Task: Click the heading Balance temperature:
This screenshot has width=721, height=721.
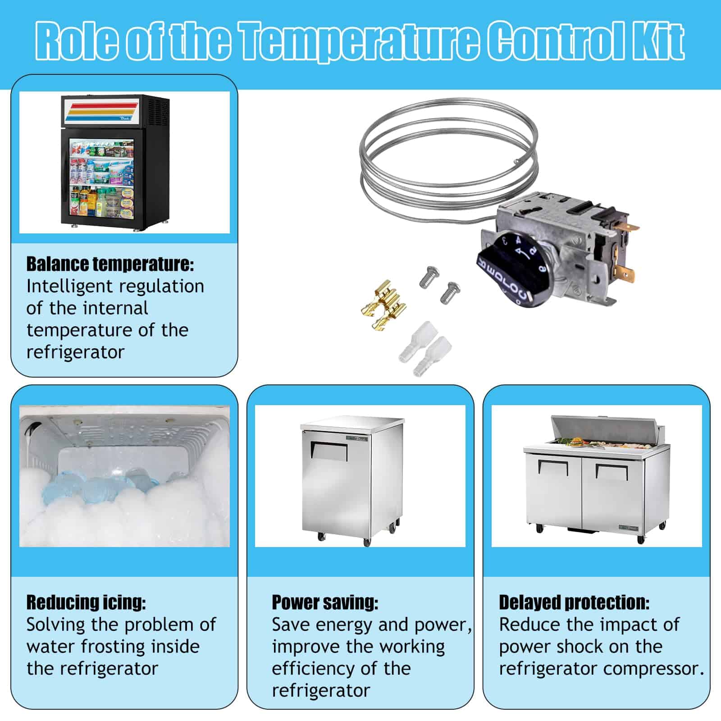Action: point(110,264)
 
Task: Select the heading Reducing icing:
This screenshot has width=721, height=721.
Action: point(86,602)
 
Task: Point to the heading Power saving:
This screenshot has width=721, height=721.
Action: point(325,602)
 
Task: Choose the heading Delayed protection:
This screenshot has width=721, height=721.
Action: point(574,602)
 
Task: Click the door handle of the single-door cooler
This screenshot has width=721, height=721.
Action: point(329,451)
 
